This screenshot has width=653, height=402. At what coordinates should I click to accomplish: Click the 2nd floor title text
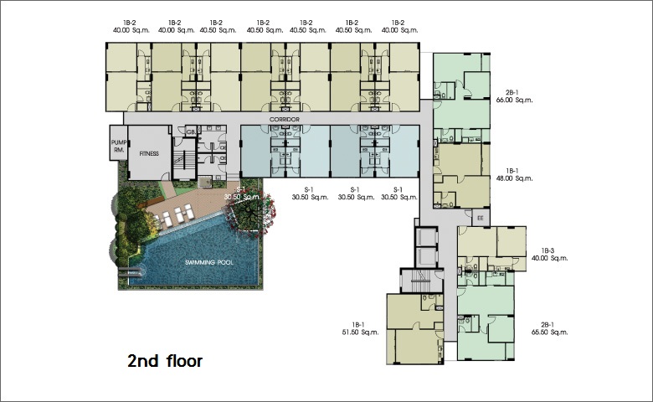(x=165, y=361)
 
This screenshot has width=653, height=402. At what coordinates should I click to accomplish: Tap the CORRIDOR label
(x=285, y=120)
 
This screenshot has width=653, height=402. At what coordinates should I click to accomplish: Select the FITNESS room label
(x=149, y=154)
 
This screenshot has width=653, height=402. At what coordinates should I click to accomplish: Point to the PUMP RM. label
(x=119, y=147)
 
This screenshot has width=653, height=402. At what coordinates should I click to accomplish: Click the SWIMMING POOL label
(x=209, y=262)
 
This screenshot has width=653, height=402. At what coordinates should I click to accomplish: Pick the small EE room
(x=481, y=218)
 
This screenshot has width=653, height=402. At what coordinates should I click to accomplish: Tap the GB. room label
(x=191, y=132)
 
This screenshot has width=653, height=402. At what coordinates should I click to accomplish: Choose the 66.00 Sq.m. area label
(x=514, y=100)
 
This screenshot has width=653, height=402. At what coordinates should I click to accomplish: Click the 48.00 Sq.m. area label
(x=514, y=178)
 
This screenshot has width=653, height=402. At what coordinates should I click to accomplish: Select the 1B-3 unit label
(x=548, y=250)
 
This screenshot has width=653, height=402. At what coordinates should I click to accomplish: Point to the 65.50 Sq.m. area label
(x=550, y=332)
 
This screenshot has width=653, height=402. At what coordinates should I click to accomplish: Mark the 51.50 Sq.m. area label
(x=360, y=332)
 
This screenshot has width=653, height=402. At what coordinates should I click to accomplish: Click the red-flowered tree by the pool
(x=253, y=214)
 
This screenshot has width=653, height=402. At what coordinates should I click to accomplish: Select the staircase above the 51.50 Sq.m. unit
(x=421, y=281)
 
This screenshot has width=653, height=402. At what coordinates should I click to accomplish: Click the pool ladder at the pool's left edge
(x=132, y=272)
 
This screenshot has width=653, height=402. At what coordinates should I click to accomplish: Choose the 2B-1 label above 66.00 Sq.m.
(x=512, y=92)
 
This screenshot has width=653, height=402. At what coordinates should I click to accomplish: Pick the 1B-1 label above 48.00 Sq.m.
(x=512, y=171)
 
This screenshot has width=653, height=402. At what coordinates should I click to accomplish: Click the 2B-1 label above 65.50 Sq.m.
(x=548, y=325)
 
